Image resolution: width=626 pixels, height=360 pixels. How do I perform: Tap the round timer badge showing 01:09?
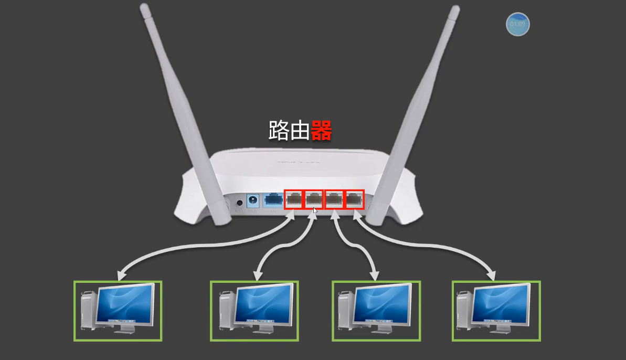(517, 24)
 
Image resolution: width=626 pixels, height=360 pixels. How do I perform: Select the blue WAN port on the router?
(273, 200)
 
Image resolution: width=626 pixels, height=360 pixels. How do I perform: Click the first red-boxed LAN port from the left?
(294, 199)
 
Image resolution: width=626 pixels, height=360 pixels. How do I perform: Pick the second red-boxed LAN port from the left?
(314, 199)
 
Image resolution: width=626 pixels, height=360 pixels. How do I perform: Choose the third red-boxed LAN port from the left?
(334, 199)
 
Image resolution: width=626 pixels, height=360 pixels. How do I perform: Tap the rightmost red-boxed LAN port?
(354, 199)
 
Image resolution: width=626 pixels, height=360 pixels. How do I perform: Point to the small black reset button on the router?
(240, 203)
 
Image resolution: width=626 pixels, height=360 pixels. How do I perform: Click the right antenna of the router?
(420, 105)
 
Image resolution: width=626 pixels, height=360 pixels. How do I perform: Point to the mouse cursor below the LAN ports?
(315, 210)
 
